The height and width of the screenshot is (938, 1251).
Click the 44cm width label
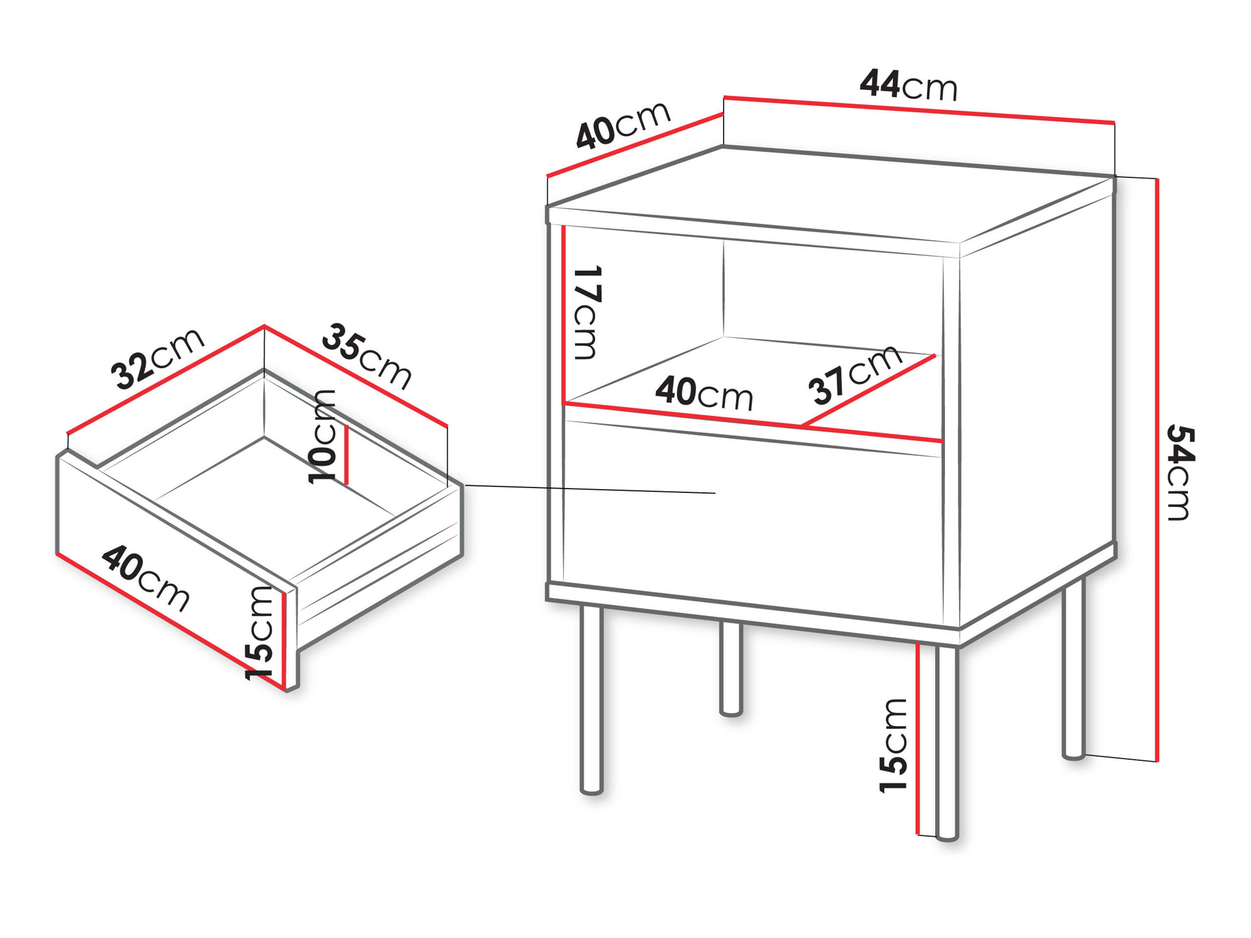coord(908,85)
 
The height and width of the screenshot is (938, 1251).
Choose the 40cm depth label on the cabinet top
coord(623,126)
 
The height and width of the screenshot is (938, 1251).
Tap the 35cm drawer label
coord(367,356)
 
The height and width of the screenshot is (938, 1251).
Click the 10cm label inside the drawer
coord(323,436)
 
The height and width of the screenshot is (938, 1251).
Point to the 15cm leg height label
coord(894,745)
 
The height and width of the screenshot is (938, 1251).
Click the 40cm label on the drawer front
coord(146,578)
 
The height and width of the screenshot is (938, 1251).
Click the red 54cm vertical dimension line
coord(1157,469)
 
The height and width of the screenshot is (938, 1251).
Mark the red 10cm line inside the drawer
coord(346,456)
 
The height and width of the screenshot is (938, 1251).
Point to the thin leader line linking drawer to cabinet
coord(588,489)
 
